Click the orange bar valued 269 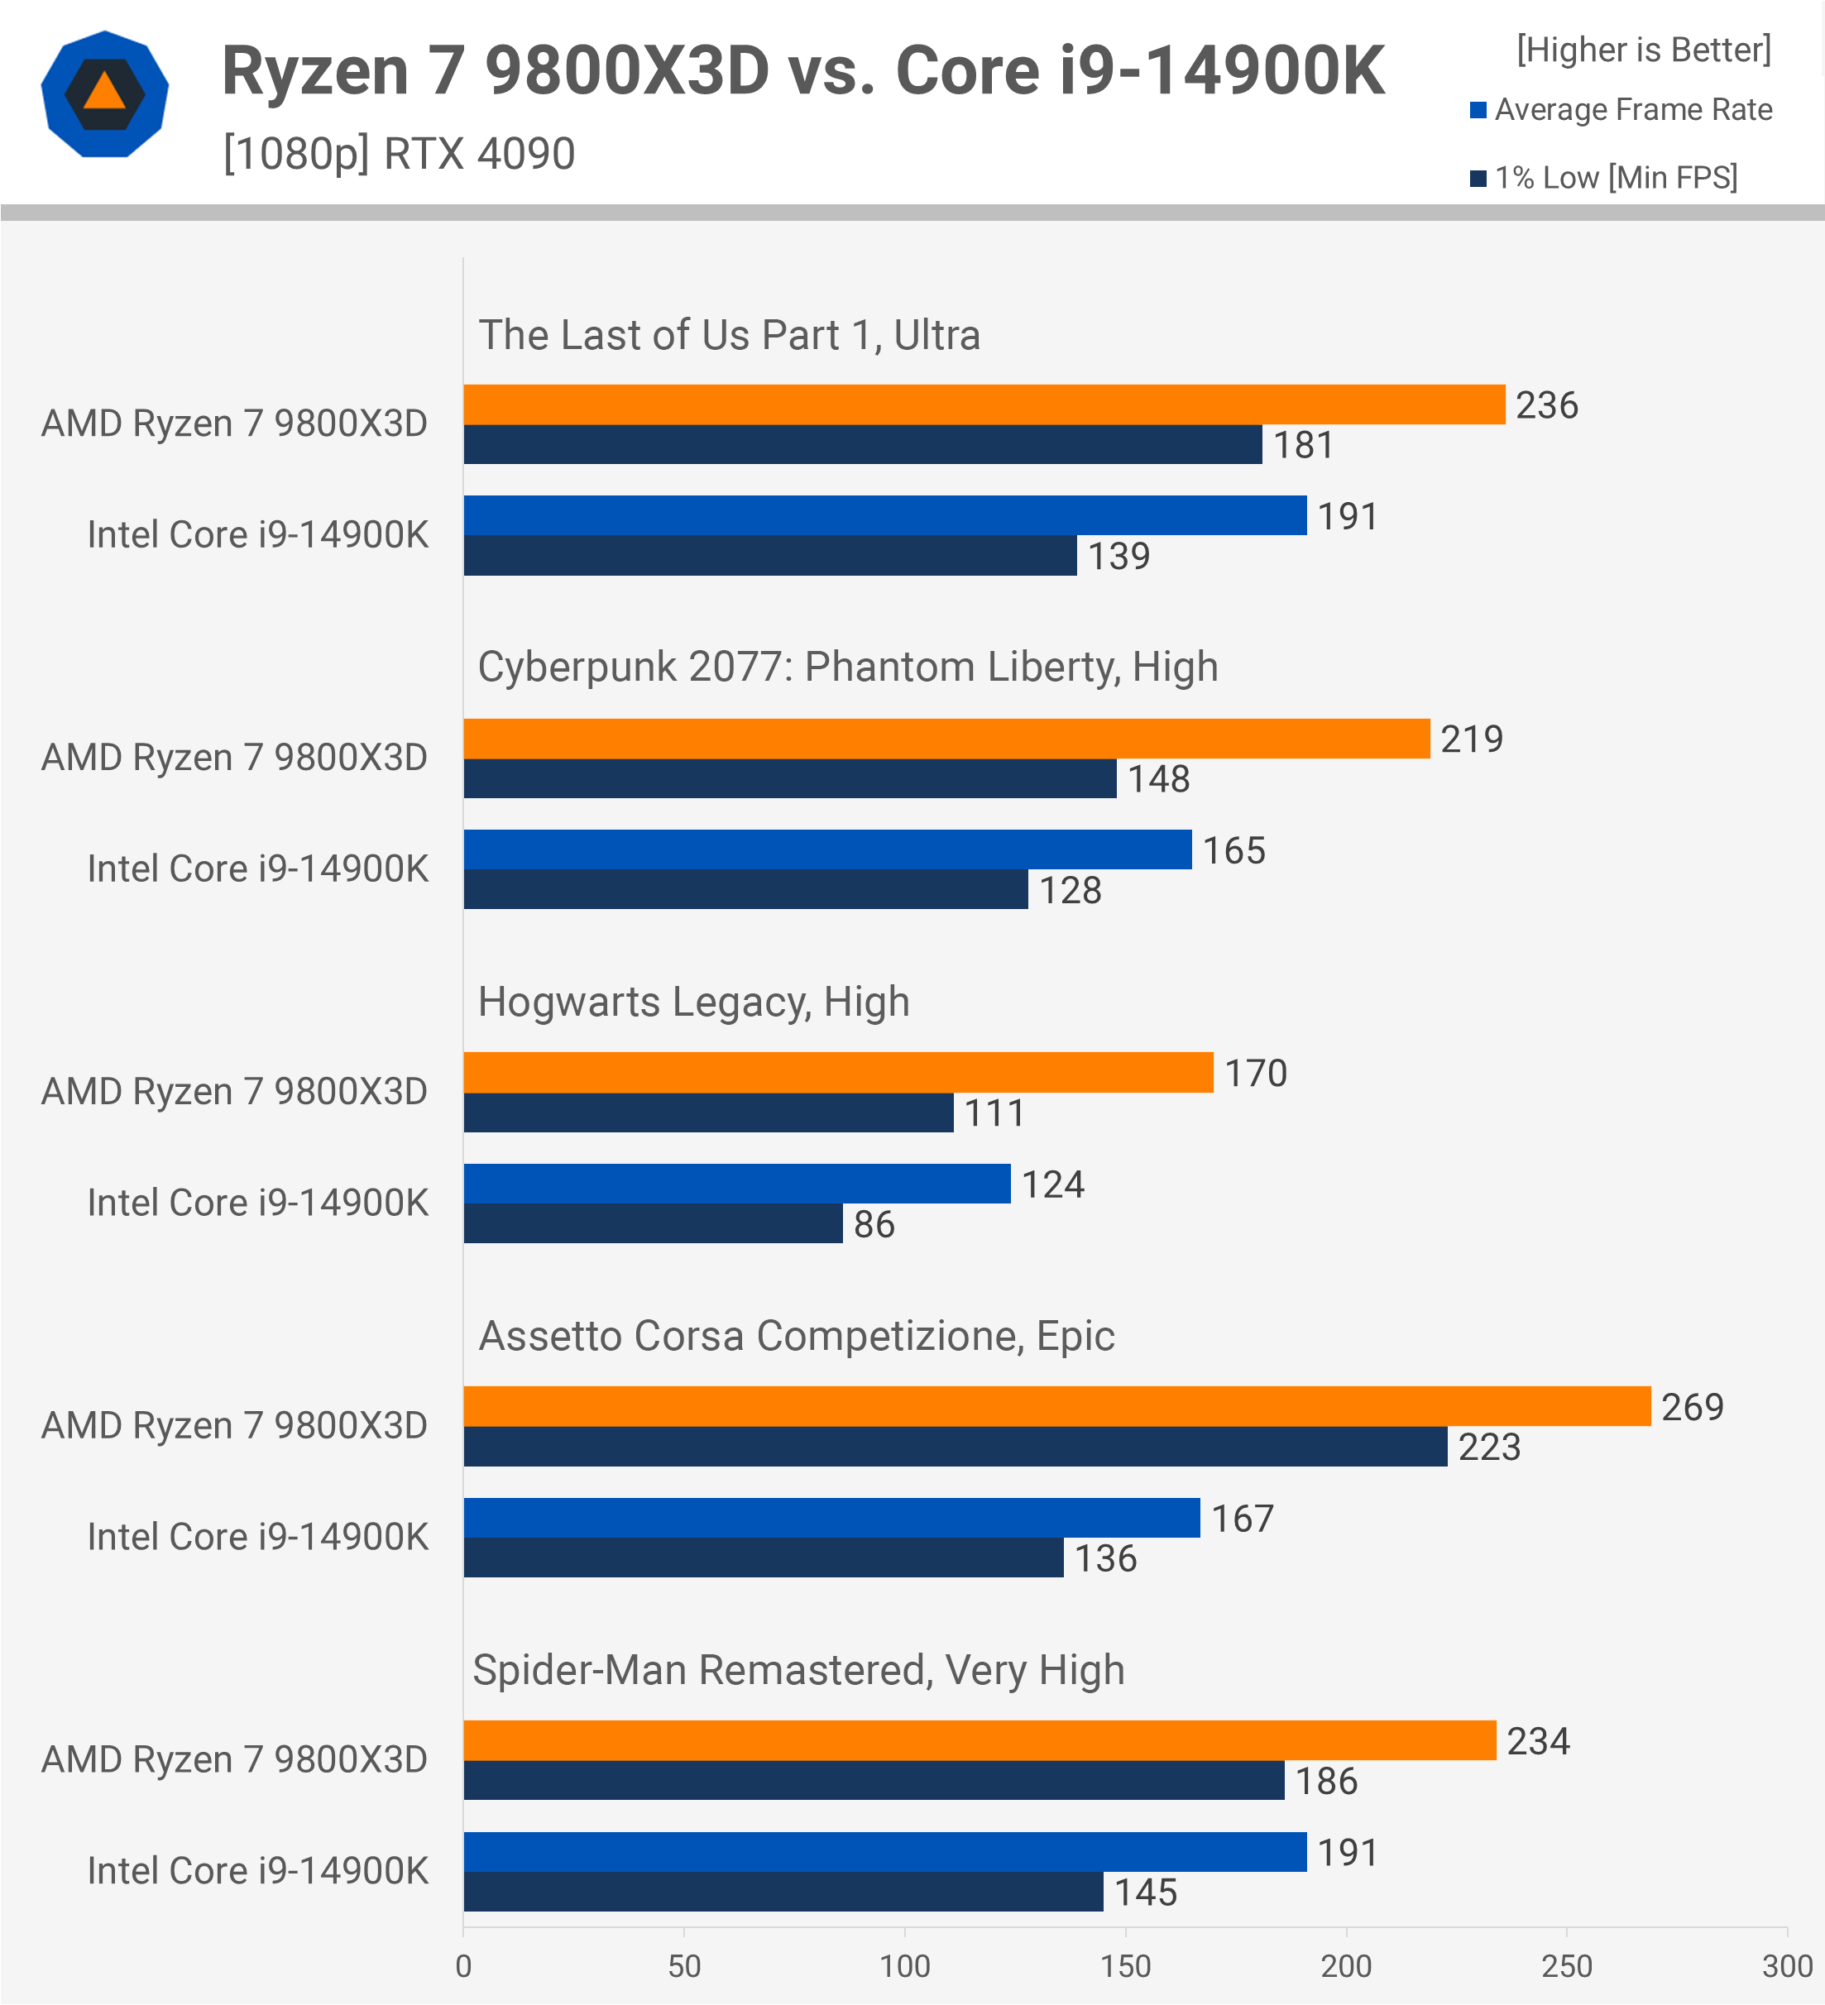(1056, 1406)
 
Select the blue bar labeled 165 (827, 849)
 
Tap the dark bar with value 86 (653, 1223)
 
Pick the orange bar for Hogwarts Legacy (837, 1072)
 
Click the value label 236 (1546, 404)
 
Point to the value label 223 (1489, 1447)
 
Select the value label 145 (1145, 1893)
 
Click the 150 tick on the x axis (1125, 1966)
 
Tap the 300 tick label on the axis (1786, 1966)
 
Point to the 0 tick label (463, 1966)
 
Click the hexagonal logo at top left (104, 94)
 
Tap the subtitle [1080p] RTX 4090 (399, 154)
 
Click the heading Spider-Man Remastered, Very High (798, 1670)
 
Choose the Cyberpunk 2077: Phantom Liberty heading (847, 668)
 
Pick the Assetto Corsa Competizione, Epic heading (797, 1336)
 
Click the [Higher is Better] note (1643, 50)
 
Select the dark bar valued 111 (708, 1113)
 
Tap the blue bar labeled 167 (831, 1518)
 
